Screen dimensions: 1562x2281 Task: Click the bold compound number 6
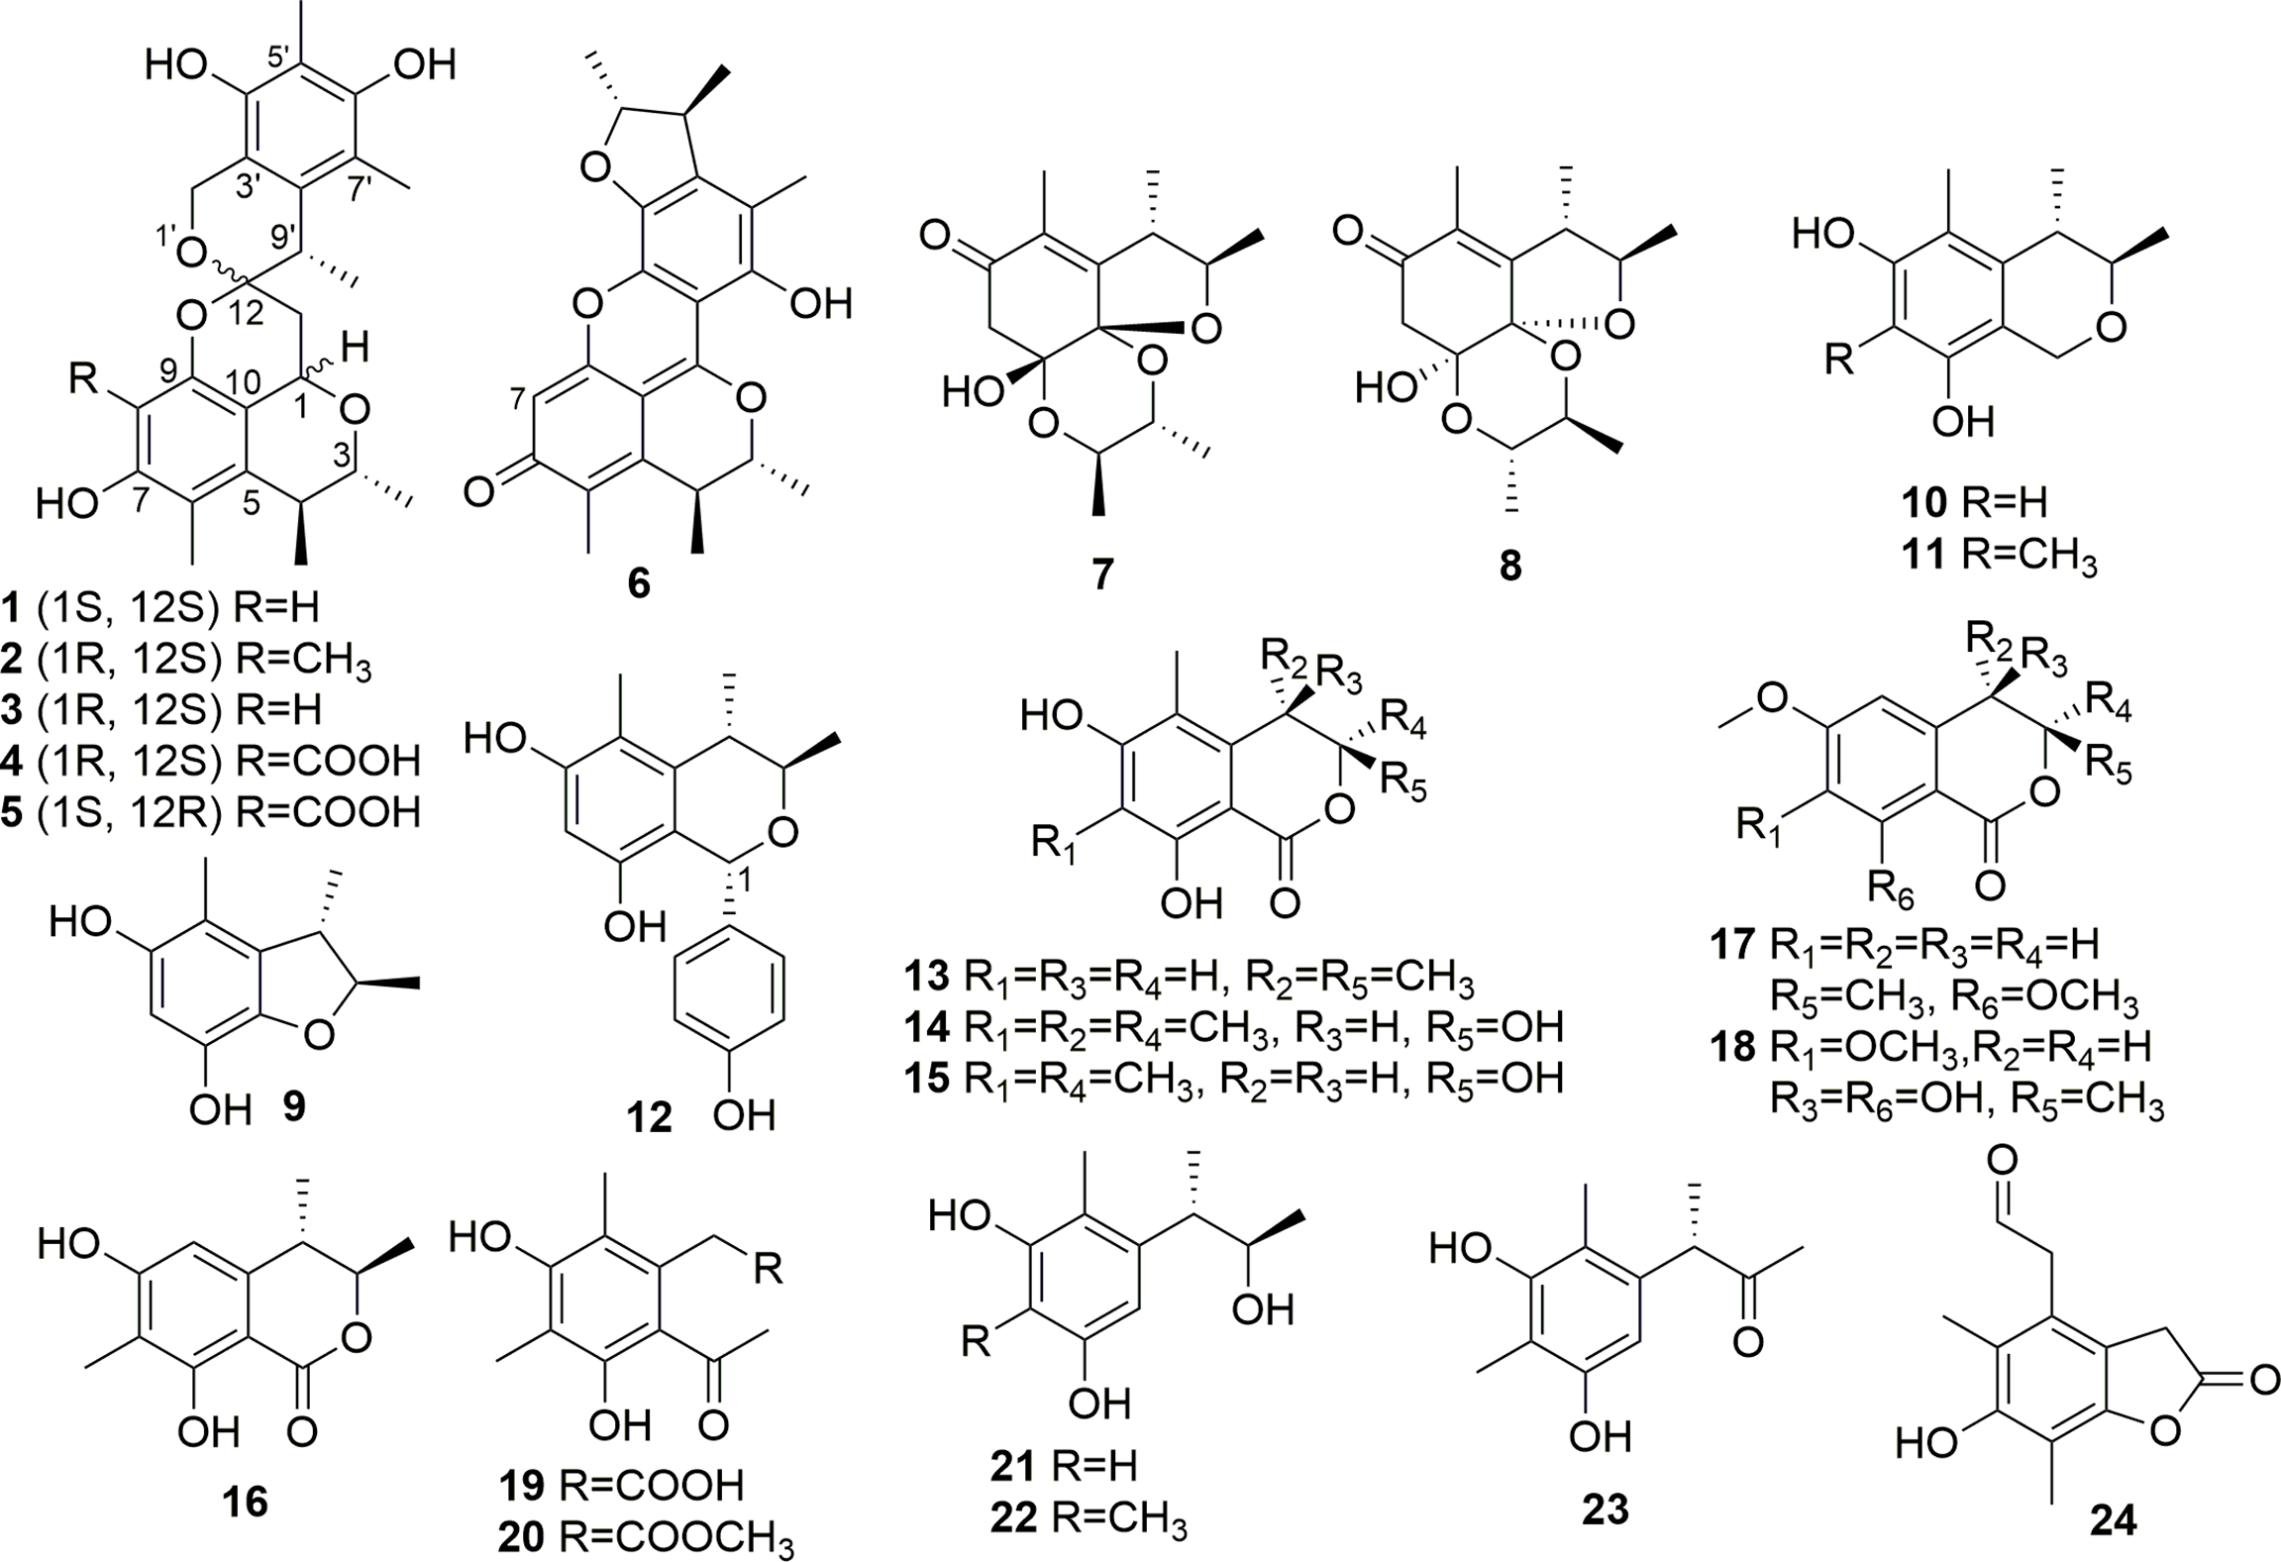click(639, 582)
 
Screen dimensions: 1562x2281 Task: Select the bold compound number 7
click(1102, 573)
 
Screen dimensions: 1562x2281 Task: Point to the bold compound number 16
click(245, 1502)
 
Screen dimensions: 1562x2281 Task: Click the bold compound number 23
click(1605, 1510)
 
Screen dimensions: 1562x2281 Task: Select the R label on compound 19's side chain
click(768, 1269)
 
